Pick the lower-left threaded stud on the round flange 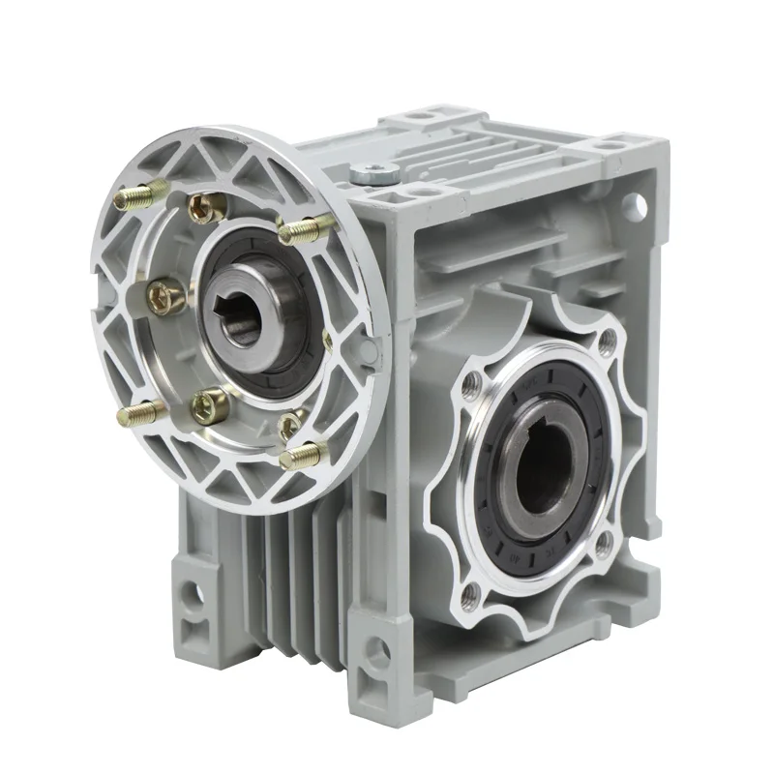[x=139, y=414]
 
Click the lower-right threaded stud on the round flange [x=302, y=452]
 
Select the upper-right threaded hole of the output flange [x=608, y=341]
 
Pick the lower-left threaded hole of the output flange [x=471, y=592]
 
